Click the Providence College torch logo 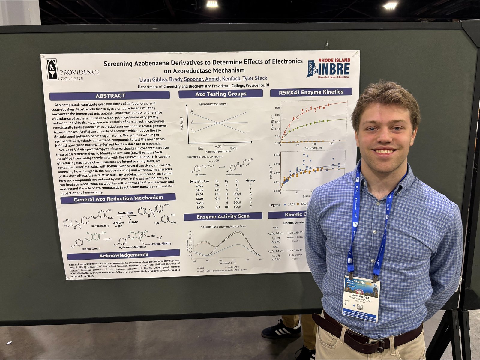click(52, 69)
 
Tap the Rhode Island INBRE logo click(329, 68)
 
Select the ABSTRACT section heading click(110, 96)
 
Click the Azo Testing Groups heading click(220, 94)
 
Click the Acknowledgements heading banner click(124, 255)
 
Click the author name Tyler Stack click(255, 78)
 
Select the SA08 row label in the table click(200, 198)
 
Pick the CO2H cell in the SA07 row click(237, 194)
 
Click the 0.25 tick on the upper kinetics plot click(277, 108)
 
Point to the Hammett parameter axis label click(218, 151)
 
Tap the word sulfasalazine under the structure click(100, 225)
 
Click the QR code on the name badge click(360, 307)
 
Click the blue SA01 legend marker click(284, 204)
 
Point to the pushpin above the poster click(327, 44)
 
